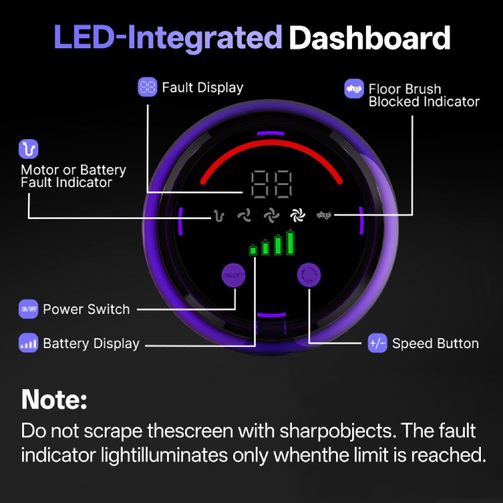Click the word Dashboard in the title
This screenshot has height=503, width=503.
(x=370, y=38)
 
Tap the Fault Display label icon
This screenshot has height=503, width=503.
(x=148, y=87)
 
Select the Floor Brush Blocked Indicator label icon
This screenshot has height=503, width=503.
(x=354, y=89)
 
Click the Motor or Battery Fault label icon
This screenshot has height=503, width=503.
(x=28, y=149)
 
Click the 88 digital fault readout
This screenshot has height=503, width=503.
(x=272, y=184)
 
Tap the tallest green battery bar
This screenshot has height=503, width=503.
(x=290, y=242)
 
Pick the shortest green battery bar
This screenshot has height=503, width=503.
(x=253, y=250)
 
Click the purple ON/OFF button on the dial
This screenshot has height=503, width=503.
(x=233, y=275)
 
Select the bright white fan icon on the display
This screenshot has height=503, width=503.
(x=298, y=215)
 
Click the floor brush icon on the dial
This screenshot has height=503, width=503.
(x=324, y=215)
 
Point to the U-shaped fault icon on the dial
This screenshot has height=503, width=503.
(x=219, y=215)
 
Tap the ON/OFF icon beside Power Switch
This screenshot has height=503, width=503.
(x=28, y=309)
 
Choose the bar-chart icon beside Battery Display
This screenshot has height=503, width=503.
(x=28, y=343)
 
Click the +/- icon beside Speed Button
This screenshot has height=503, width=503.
(x=377, y=343)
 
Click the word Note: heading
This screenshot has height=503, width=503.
(x=54, y=400)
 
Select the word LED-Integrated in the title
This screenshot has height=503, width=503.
(x=168, y=38)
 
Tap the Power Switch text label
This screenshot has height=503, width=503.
(x=87, y=309)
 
